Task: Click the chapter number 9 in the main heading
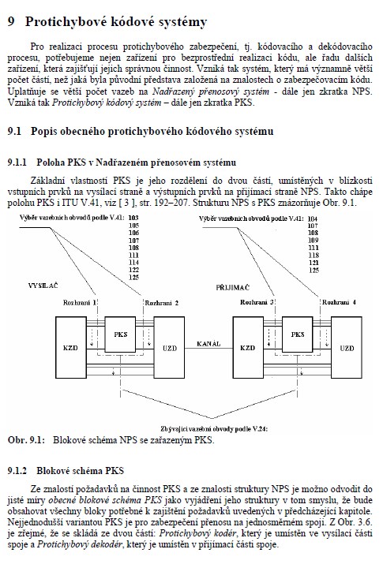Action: [12, 21]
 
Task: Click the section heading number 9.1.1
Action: [17, 162]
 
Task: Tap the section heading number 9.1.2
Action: [17, 471]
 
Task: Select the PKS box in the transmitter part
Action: [121, 334]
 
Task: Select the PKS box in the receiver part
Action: [297, 334]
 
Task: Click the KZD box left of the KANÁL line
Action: [71, 347]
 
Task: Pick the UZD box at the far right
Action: [347, 347]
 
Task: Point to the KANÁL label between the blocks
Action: [208, 344]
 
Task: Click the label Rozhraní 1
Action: [80, 303]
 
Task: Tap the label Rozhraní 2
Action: [162, 303]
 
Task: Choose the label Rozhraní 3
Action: [257, 302]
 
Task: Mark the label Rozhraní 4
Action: [339, 302]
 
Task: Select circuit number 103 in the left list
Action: [133, 218]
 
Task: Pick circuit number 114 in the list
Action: [133, 262]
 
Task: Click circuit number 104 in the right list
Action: [314, 219]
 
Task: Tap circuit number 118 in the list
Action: [314, 255]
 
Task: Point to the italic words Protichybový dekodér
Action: [80, 544]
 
